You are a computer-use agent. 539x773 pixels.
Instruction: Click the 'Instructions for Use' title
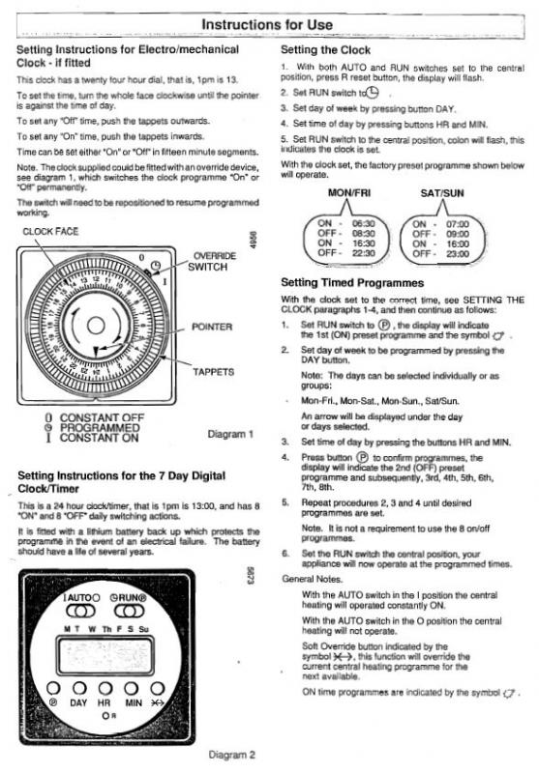pos(268,22)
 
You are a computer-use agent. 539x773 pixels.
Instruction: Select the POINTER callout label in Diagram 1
pos(213,327)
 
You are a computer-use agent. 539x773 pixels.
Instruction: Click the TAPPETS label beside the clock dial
pos(213,371)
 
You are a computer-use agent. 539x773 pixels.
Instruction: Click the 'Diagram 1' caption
pos(231,433)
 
